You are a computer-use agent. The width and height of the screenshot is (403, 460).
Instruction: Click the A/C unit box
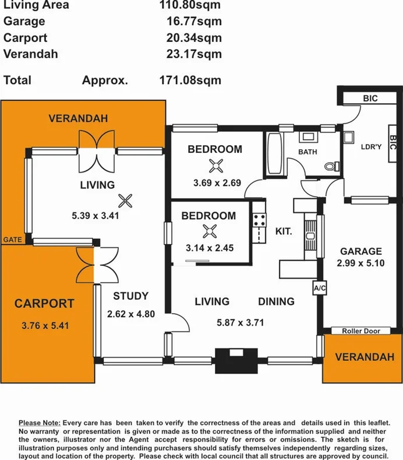(320, 288)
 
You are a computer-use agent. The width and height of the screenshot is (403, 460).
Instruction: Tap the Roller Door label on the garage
(361, 331)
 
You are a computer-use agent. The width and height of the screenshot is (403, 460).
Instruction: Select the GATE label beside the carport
(13, 240)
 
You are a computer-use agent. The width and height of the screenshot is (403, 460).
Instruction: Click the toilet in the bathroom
(332, 166)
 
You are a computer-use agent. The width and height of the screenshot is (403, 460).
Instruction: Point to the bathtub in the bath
(275, 154)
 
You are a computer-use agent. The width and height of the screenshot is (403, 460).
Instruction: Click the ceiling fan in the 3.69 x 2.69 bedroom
(216, 166)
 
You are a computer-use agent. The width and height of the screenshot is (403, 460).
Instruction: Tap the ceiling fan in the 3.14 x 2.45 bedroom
(210, 231)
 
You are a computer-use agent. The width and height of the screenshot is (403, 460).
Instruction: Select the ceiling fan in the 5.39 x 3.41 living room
(125, 201)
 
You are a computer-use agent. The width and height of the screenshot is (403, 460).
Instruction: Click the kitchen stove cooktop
(259, 220)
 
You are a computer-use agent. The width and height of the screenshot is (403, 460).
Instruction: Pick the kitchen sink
(310, 236)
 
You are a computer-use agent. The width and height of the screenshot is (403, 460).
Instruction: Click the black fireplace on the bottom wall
(236, 360)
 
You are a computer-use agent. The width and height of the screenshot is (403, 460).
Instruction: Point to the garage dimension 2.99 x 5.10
(360, 263)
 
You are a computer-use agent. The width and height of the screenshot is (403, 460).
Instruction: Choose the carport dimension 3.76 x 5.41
(45, 325)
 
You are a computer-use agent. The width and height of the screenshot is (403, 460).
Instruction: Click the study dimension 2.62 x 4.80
(130, 314)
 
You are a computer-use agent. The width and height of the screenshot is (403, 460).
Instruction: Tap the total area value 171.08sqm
(190, 80)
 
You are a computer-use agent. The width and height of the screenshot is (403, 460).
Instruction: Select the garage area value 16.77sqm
(194, 21)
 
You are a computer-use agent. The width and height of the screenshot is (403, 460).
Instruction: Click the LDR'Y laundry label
(371, 147)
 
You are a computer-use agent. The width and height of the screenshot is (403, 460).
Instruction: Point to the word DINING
(276, 301)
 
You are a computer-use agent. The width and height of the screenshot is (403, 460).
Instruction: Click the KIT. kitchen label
(284, 231)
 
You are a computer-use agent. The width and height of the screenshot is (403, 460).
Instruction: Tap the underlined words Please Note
(40, 423)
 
